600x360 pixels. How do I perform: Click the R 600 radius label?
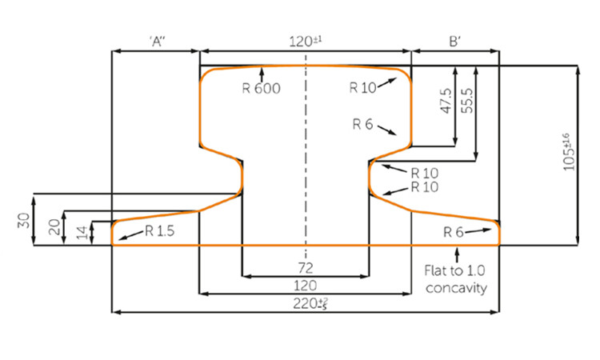pos(261,88)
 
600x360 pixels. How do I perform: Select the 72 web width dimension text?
pos(305,266)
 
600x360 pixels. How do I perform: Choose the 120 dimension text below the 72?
pos(305,285)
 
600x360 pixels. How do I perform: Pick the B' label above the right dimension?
pos(454,42)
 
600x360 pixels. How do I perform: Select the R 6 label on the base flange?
pos(454,232)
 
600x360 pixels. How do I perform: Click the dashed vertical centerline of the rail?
pos(305,160)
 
